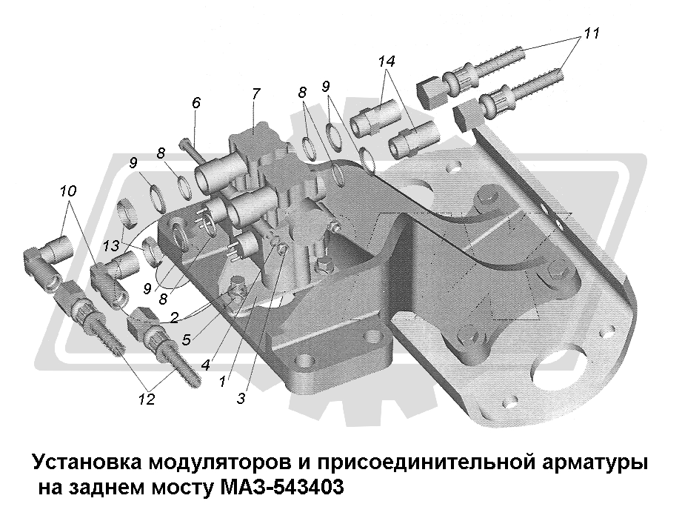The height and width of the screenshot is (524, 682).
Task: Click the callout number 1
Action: point(222,382)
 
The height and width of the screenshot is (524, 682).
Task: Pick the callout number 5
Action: point(187,341)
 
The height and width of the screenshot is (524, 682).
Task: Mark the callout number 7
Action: point(255,94)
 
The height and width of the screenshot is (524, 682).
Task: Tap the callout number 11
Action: point(591,33)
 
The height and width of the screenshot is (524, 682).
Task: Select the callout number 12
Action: point(147,399)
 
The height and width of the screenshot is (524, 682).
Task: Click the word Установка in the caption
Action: point(87,464)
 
